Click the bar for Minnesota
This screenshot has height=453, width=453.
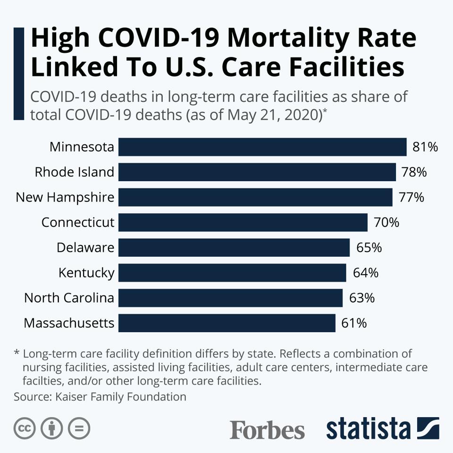(262, 147)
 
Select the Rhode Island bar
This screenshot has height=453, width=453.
(257, 172)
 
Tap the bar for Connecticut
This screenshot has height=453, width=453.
(243, 222)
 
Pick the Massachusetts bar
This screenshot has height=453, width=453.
(227, 323)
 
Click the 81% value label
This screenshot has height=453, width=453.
(425, 147)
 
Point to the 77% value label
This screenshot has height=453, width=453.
(411, 197)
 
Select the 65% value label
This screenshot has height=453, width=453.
(369, 248)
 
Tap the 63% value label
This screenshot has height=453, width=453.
(362, 298)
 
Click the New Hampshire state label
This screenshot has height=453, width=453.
(65, 197)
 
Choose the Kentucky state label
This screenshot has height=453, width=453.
(86, 273)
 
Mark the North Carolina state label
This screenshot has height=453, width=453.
(69, 298)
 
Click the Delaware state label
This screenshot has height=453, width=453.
(85, 248)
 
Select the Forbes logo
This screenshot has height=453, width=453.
(267, 429)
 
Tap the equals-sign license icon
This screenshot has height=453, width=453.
(79, 428)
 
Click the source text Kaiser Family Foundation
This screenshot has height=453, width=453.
(120, 396)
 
